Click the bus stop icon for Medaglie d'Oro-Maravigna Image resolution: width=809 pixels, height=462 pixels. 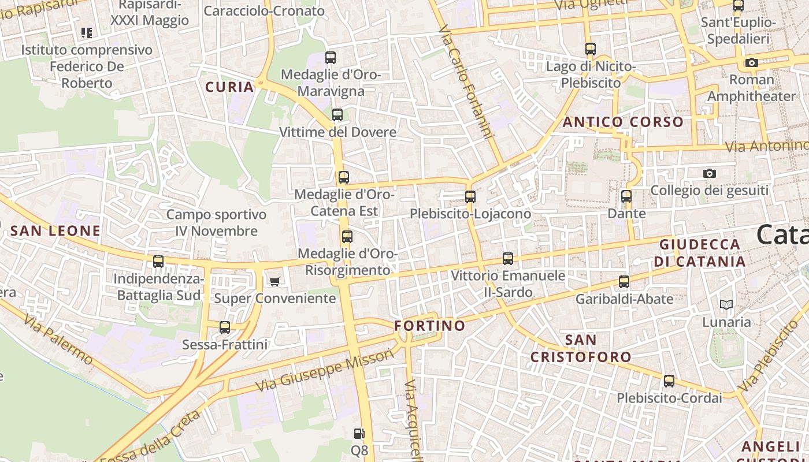pyautogui.click(x=331, y=58)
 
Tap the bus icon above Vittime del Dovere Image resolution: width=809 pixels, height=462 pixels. pyautogui.click(x=337, y=115)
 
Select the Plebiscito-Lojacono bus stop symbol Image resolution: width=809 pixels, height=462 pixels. pyautogui.click(x=470, y=197)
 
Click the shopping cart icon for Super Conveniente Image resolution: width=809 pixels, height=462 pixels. pyautogui.click(x=275, y=281)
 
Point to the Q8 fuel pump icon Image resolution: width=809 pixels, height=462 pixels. pyautogui.click(x=359, y=434)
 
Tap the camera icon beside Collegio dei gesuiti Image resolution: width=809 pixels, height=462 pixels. pyautogui.click(x=710, y=173)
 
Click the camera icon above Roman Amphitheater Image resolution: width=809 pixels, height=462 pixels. pyautogui.click(x=752, y=62)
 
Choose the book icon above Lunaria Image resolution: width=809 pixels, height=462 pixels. pyautogui.click(x=726, y=304)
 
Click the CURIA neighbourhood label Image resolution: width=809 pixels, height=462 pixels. pyautogui.click(x=230, y=87)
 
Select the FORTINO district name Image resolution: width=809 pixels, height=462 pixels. pyautogui.click(x=430, y=326)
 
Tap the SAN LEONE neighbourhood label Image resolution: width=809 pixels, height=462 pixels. pyautogui.click(x=55, y=231)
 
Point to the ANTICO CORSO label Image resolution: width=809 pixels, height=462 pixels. pyautogui.click(x=623, y=122)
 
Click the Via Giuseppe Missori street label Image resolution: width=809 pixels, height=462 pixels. pyautogui.click(x=324, y=370)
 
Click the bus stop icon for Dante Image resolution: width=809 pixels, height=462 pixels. pyautogui.click(x=626, y=196)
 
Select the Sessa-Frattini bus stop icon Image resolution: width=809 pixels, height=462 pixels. pyautogui.click(x=225, y=327)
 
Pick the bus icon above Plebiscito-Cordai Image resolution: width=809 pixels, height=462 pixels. pyautogui.click(x=669, y=381)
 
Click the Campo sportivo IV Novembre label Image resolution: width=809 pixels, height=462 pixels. pyautogui.click(x=217, y=223)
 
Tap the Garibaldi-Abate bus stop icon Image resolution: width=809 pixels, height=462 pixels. pyautogui.click(x=624, y=282)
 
